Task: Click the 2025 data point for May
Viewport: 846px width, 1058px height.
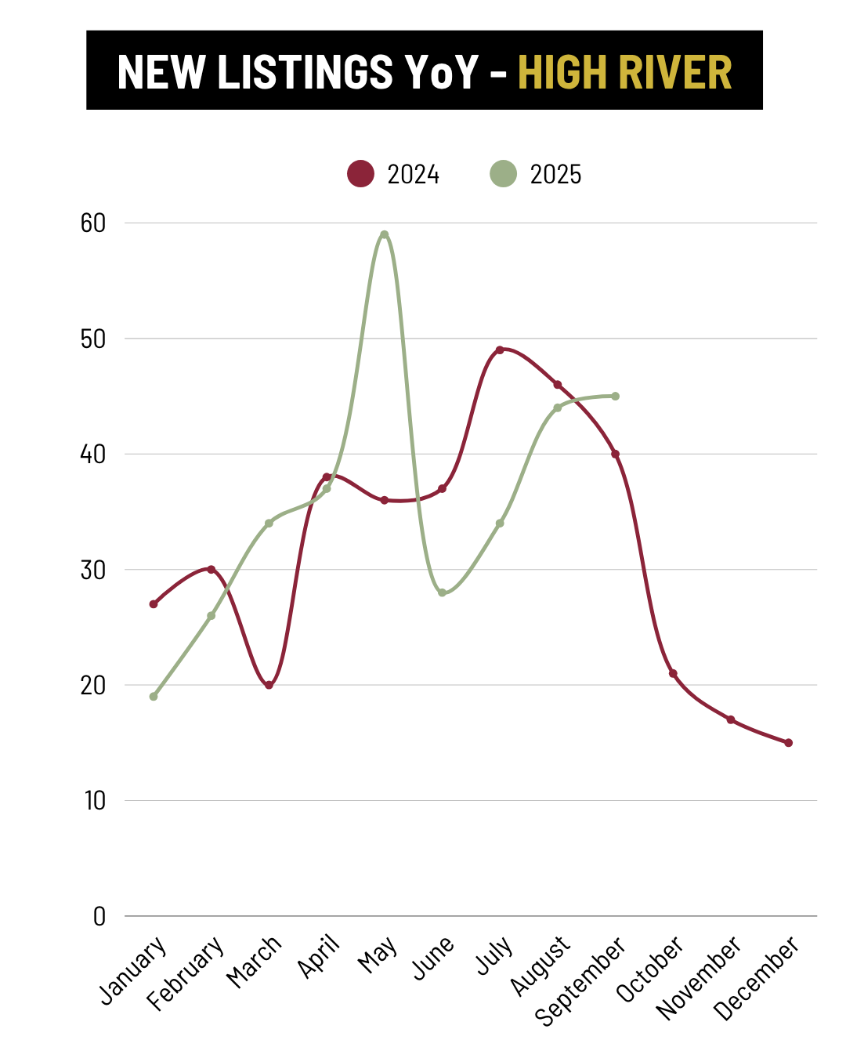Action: (384, 234)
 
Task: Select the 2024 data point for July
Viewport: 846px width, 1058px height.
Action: (500, 350)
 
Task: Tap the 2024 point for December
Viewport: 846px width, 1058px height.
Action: (788, 743)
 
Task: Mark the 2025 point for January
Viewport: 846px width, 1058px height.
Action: (154, 696)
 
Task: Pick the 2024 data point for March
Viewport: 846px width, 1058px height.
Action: (269, 685)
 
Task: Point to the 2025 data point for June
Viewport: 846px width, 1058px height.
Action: (442, 592)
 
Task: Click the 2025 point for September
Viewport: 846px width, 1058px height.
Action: (615, 396)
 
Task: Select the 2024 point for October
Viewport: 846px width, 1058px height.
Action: (673, 673)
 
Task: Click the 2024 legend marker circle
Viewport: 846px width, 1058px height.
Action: (361, 173)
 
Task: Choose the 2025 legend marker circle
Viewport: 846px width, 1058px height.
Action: (504, 173)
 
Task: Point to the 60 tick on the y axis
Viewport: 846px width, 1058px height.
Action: (93, 223)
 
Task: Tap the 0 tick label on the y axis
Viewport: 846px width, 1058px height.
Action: (99, 916)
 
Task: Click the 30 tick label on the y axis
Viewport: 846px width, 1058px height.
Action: (93, 570)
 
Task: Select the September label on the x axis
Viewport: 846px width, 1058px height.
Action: (580, 981)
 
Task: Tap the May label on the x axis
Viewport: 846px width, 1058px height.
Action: (378, 955)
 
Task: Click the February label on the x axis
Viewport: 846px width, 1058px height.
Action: (186, 973)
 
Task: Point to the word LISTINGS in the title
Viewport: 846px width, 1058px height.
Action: (305, 72)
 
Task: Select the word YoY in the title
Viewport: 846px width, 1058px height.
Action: (442, 72)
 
